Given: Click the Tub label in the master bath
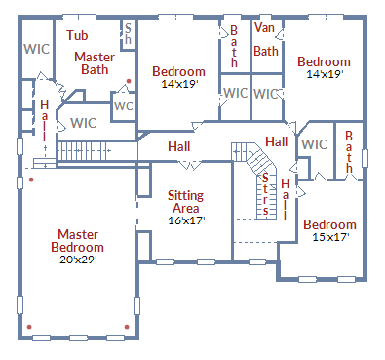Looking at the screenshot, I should pos(77,35).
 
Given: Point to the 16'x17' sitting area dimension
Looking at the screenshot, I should pos(185,220).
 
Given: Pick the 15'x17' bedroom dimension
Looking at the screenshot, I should pos(328,236).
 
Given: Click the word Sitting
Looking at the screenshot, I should pos(185,195).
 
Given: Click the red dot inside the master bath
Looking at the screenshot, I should pos(128,82).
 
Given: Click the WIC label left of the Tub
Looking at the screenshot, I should pos(37,49).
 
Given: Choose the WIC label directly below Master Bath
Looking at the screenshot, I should pos(84,123).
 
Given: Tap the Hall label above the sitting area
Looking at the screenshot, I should pos(178,146).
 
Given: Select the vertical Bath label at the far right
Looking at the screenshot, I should pos(349,151).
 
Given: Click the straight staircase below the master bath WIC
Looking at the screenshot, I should pos(93,151).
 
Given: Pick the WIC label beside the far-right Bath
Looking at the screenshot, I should pos(314,144).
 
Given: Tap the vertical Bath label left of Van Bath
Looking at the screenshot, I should pos(234,47).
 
